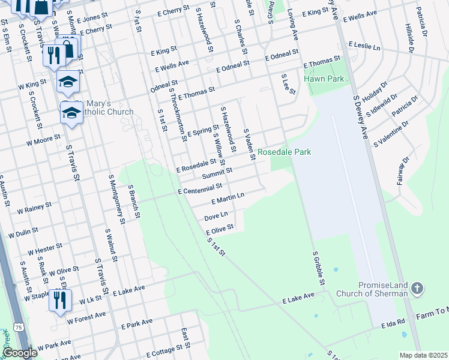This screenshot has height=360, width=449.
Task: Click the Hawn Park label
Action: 324,79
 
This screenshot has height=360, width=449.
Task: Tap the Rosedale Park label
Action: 285,152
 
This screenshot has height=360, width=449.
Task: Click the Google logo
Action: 20,353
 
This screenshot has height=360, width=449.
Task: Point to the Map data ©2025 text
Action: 423,355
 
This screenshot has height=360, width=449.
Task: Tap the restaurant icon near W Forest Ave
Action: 60,300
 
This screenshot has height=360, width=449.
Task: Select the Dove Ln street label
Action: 216,215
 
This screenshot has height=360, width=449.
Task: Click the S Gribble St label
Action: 318,269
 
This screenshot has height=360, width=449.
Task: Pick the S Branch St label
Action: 134,201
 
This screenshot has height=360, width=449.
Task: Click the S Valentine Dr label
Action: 391,134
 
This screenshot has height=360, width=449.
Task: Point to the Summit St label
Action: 217,173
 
